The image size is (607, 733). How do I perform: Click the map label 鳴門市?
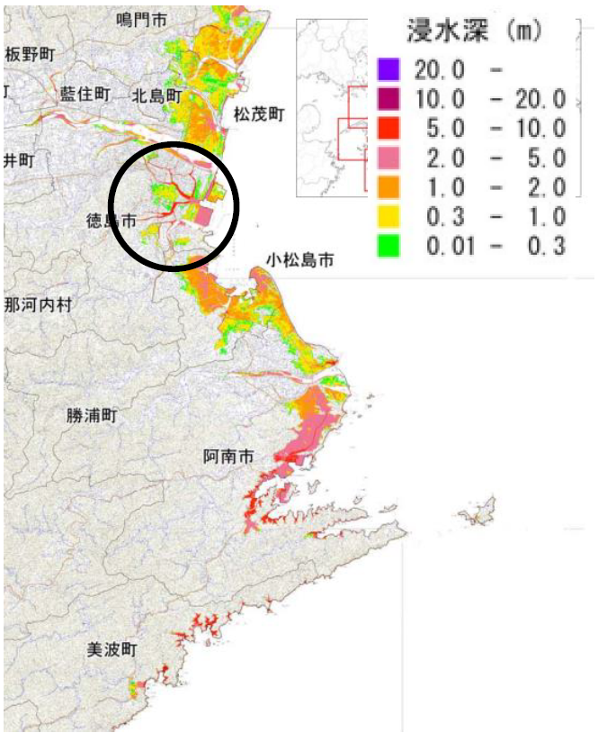tap(141, 21)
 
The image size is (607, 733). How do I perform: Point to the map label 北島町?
tap(157, 95)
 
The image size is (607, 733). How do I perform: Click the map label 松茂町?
tap(258, 114)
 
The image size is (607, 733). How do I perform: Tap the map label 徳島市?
tap(112, 220)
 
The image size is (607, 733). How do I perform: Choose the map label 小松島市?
tap(299, 260)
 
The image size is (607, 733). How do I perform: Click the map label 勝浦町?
tap(91, 416)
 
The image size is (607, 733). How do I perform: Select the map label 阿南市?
tap(228, 457)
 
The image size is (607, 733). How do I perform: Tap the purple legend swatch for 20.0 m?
tap(388, 68)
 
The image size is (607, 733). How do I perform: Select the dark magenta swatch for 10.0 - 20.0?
tap(388, 97)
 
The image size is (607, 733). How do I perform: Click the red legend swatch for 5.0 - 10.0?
tap(388, 127)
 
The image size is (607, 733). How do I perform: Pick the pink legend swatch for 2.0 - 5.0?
tap(388, 157)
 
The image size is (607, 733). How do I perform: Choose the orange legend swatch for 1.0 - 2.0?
tap(388, 186)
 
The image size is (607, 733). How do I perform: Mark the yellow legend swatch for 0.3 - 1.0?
tap(388, 216)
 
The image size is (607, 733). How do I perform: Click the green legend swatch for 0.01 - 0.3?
tap(388, 245)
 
